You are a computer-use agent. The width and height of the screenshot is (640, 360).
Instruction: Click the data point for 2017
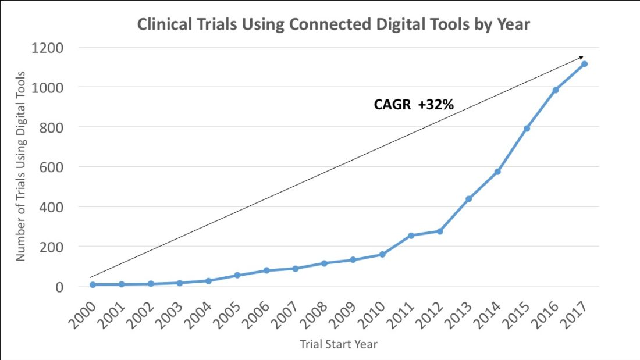coord(584,64)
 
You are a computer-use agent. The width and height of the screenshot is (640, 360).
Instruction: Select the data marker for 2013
coord(468,199)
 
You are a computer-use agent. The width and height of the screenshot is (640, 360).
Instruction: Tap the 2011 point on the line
coord(411,236)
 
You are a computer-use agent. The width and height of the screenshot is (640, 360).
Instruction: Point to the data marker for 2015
coord(527,129)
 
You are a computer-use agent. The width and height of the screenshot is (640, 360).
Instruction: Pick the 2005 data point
coord(237,275)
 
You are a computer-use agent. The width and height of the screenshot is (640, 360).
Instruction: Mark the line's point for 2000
coord(93,284)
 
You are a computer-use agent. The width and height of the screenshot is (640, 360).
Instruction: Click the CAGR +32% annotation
coord(414,105)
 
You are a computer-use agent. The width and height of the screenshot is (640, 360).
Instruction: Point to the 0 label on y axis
coord(59,287)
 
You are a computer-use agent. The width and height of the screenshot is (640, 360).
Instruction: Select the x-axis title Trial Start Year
coord(339,344)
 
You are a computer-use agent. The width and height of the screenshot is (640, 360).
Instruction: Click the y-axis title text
coord(21,166)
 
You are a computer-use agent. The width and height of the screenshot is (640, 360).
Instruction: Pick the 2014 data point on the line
coord(497,172)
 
